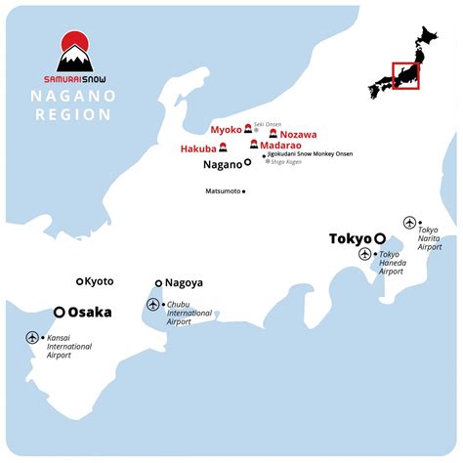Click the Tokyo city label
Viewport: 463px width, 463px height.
[351, 238]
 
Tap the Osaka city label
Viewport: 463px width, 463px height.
[89, 313]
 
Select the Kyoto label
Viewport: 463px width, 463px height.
[99, 281]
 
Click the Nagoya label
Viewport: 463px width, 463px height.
[184, 283]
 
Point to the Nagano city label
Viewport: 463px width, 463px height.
[222, 165]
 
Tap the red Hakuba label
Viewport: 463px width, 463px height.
[198, 148]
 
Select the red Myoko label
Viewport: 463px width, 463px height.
[226, 129]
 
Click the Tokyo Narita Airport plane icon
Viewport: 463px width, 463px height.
[410, 222]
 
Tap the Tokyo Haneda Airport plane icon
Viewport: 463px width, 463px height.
[365, 254]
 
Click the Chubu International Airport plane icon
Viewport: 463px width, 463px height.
[152, 305]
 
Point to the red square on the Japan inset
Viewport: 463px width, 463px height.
[404, 76]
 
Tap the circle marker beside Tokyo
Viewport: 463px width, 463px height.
[380, 238]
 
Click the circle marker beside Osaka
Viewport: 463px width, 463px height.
[60, 313]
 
